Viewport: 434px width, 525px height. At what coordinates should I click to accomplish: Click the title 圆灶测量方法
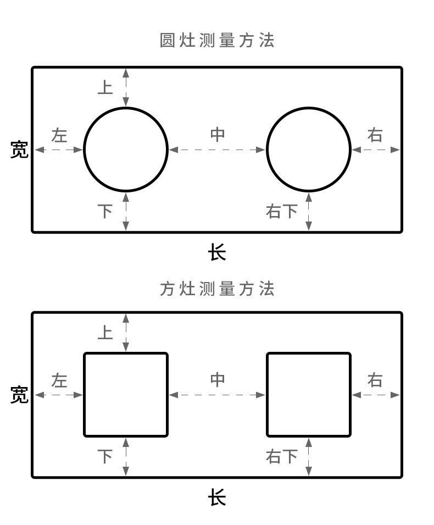217,41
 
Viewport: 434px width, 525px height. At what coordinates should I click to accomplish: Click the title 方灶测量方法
217,289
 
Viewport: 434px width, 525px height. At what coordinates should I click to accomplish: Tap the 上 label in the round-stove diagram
105,87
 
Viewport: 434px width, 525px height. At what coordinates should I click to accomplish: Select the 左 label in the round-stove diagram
59,135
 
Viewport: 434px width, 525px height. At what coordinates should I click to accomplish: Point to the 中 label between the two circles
218,135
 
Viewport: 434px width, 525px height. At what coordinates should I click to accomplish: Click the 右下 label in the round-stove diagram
282,211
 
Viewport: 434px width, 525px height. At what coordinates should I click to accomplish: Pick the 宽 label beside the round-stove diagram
19,150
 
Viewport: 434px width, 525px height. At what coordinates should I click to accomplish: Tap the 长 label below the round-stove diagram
217,253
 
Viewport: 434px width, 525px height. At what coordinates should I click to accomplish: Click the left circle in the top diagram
126,149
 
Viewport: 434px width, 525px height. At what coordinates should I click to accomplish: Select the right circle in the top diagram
309,149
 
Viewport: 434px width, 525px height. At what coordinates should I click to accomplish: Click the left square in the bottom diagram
126,395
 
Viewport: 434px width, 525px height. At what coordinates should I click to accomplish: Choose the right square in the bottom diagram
309,395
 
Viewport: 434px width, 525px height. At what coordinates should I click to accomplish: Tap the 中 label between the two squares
218,380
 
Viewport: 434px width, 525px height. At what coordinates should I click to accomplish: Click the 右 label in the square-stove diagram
375,380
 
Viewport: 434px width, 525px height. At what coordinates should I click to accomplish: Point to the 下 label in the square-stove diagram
105,456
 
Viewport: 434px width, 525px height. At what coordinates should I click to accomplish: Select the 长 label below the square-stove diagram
217,498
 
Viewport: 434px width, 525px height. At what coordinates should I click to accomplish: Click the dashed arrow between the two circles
218,150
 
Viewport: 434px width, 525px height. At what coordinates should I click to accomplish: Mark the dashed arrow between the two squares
218,395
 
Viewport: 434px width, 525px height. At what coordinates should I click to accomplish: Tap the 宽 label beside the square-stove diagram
19,395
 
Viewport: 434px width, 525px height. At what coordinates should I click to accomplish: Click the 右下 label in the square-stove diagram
282,456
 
